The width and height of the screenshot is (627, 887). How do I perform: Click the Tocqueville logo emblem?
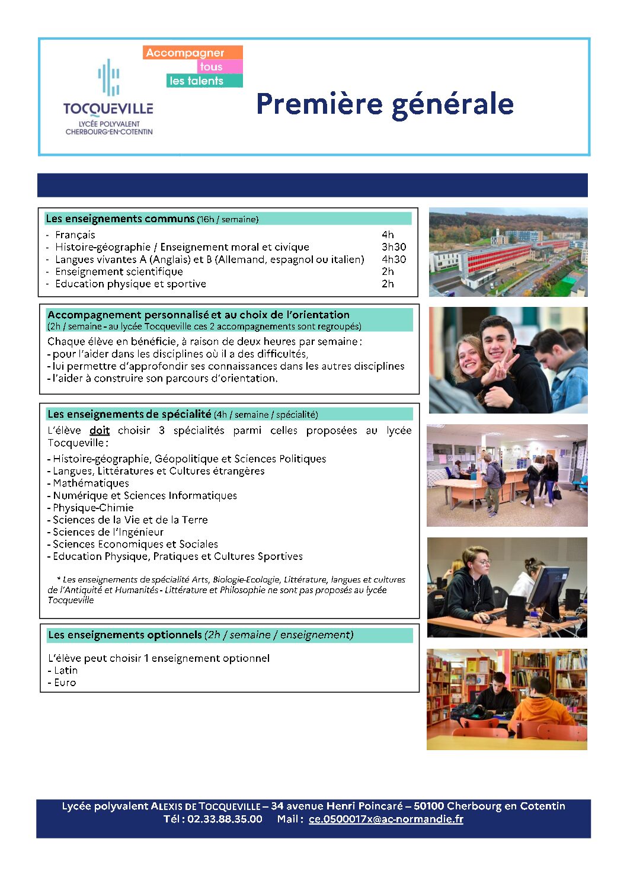(x=109, y=77)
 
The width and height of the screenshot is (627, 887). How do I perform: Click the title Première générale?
(x=385, y=104)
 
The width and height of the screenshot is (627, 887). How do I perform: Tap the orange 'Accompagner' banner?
(x=193, y=53)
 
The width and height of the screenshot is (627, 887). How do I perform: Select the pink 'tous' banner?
(x=219, y=66)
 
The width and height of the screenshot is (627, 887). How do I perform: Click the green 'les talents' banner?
(x=204, y=81)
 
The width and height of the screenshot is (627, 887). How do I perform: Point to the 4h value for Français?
(x=388, y=235)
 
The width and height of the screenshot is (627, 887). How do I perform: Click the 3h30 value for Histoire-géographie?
(x=394, y=247)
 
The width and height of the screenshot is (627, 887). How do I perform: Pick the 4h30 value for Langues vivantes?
(x=394, y=260)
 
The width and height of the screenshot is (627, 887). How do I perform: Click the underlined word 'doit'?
(x=100, y=431)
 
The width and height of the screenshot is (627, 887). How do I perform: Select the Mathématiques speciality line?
(x=91, y=483)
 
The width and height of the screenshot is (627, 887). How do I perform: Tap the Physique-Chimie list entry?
(x=93, y=508)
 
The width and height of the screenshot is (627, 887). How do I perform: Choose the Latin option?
(x=65, y=671)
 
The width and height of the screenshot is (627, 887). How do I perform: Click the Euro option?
(x=65, y=683)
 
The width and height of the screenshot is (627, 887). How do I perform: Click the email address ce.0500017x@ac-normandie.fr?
(x=386, y=819)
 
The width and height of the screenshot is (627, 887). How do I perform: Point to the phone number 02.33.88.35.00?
(x=225, y=819)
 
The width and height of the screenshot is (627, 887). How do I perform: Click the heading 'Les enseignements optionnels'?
(x=125, y=635)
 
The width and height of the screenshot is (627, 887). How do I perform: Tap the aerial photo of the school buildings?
(x=508, y=252)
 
